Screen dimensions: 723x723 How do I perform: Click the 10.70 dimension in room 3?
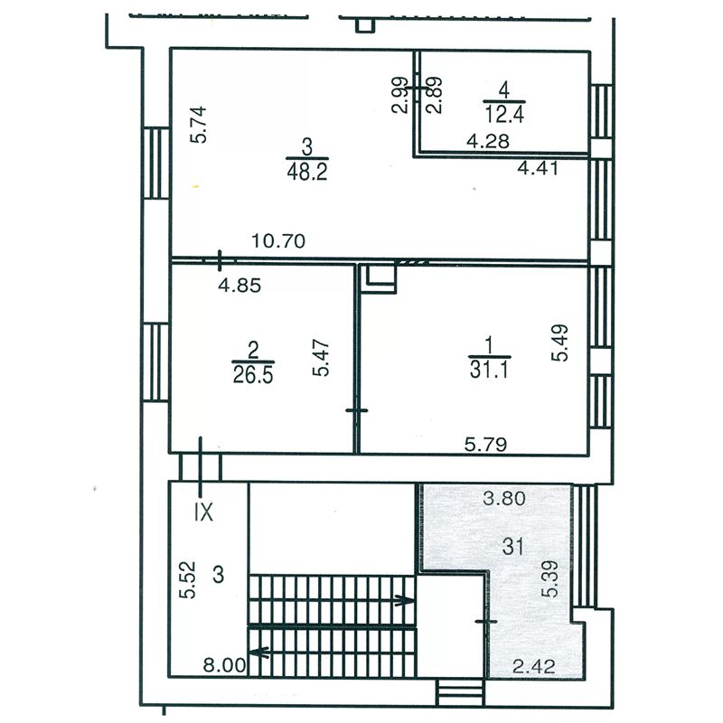(278, 240)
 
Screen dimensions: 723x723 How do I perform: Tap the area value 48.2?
(307, 172)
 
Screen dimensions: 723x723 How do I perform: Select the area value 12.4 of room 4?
(504, 114)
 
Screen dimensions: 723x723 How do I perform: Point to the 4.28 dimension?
(488, 141)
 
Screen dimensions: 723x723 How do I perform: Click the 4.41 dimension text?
(538, 167)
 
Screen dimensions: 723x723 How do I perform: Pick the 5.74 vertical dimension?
(199, 125)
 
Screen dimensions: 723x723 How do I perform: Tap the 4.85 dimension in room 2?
(239, 286)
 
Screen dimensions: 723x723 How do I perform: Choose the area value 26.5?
(253, 374)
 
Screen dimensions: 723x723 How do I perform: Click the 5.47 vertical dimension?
(321, 358)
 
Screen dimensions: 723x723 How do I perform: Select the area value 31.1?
(489, 370)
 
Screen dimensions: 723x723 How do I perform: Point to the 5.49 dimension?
(560, 343)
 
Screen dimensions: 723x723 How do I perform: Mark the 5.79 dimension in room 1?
(485, 445)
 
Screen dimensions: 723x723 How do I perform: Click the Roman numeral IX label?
(204, 512)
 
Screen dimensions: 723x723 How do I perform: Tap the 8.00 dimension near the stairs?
(224, 665)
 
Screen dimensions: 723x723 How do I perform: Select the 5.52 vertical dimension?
(188, 579)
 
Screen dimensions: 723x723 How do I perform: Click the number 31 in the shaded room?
(513, 547)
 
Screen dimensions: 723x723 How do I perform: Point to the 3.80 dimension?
(504, 498)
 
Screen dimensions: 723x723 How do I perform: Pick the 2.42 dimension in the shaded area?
(534, 666)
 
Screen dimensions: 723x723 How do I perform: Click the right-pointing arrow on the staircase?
(404, 600)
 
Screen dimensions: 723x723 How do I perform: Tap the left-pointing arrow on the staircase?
(259, 652)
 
